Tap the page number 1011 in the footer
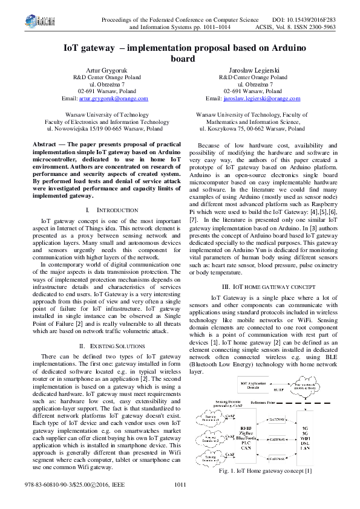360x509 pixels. [180, 502]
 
